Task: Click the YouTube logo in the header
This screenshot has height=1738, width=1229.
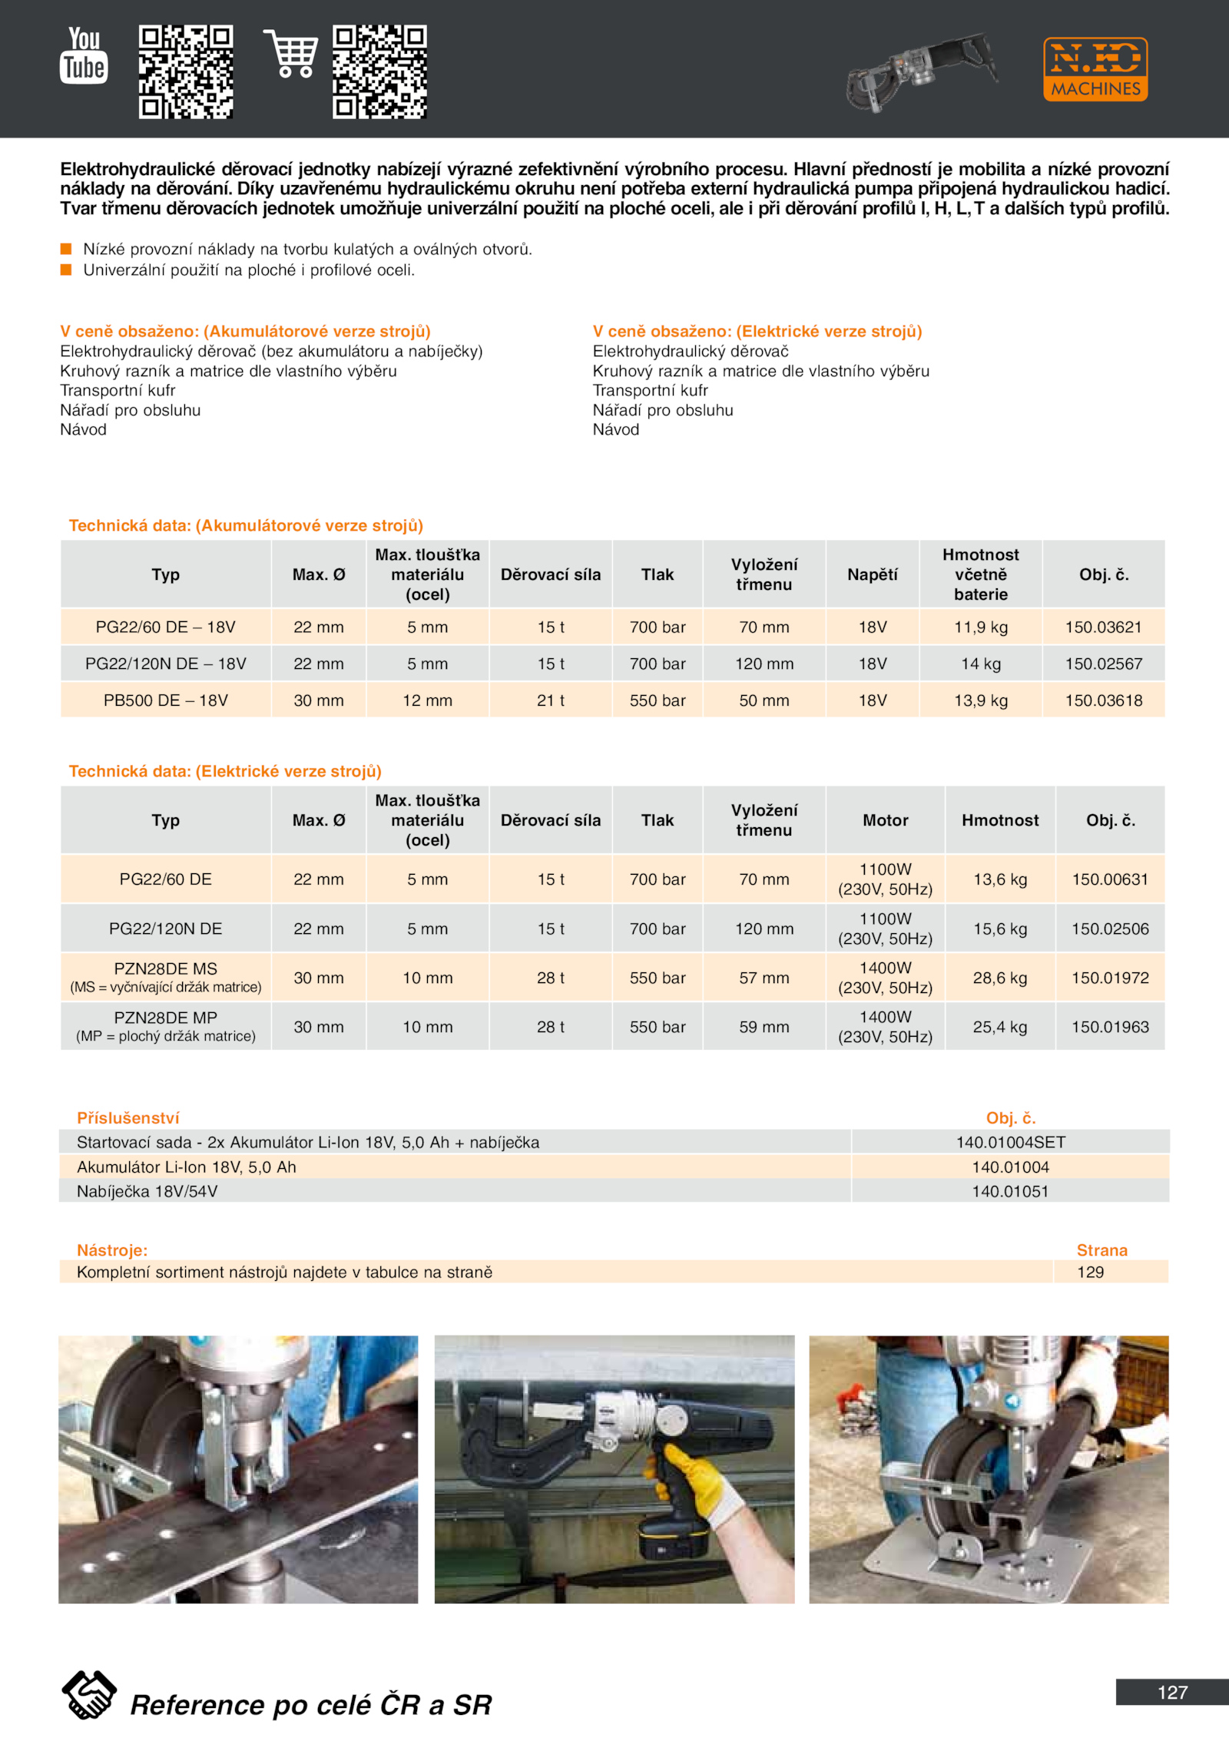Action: [84, 55]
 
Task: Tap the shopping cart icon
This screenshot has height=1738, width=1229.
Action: [291, 54]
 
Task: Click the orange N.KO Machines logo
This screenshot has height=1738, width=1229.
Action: [1095, 69]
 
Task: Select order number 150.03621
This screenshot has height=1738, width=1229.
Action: [1103, 627]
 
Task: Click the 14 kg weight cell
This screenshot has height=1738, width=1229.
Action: [981, 664]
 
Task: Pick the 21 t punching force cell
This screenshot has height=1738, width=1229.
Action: [551, 700]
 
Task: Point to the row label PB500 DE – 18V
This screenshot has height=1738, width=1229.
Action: [166, 700]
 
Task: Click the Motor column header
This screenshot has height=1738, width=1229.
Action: [885, 820]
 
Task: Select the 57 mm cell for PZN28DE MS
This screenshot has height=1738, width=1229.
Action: [764, 978]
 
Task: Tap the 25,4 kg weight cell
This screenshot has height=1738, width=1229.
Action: [999, 1027]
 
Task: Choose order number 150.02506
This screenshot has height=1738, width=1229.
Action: [1110, 929]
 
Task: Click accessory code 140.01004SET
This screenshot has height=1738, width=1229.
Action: [1010, 1142]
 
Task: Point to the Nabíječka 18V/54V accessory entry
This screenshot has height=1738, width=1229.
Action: [147, 1191]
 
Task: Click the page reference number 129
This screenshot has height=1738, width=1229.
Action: [1090, 1272]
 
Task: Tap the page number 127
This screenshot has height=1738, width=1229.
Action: [1172, 1692]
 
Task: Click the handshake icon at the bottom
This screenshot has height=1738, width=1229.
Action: [89, 1694]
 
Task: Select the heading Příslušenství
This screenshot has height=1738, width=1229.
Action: [128, 1118]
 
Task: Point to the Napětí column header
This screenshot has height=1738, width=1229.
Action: [873, 574]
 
